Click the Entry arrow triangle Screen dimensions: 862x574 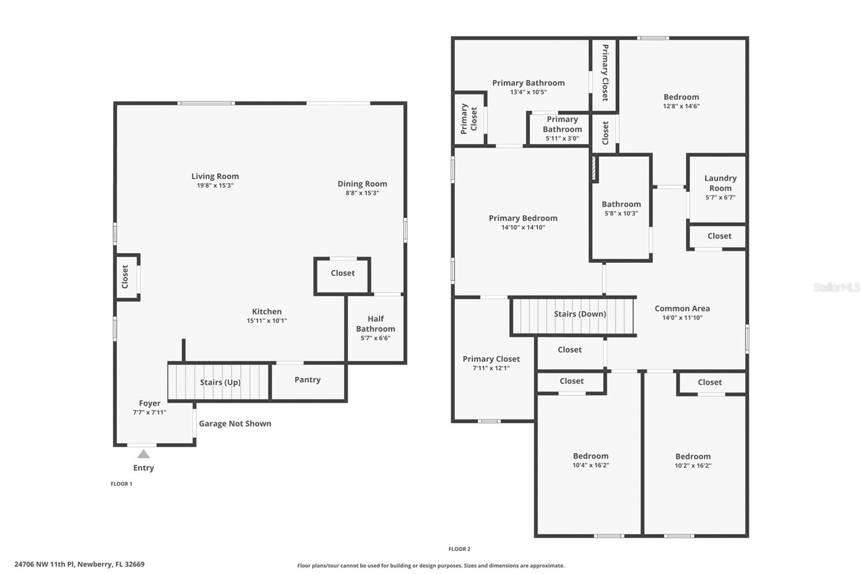pyautogui.click(x=143, y=454)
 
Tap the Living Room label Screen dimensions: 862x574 pyautogui.click(x=215, y=176)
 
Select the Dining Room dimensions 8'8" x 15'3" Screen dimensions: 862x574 pyautogui.click(x=362, y=193)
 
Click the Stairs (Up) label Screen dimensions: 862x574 pyautogui.click(x=220, y=382)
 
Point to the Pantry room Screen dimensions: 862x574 pyautogui.click(x=308, y=382)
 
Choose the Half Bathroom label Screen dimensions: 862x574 pyautogui.click(x=376, y=324)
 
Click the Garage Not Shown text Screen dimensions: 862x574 pyautogui.click(x=235, y=424)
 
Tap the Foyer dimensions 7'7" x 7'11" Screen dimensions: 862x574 pyautogui.click(x=150, y=412)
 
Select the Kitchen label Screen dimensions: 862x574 pyautogui.click(x=267, y=311)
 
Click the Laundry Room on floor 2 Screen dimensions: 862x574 pyautogui.click(x=718, y=189)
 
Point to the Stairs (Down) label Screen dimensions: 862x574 pyautogui.click(x=580, y=314)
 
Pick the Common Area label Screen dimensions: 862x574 pyautogui.click(x=682, y=308)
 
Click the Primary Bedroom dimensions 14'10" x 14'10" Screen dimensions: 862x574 pyautogui.click(x=523, y=227)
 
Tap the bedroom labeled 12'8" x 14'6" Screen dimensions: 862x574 pyautogui.click(x=682, y=96)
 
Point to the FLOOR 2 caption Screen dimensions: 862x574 pyautogui.click(x=460, y=549)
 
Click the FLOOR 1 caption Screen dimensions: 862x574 pyautogui.click(x=121, y=484)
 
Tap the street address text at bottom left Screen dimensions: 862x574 pyautogui.click(x=79, y=564)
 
